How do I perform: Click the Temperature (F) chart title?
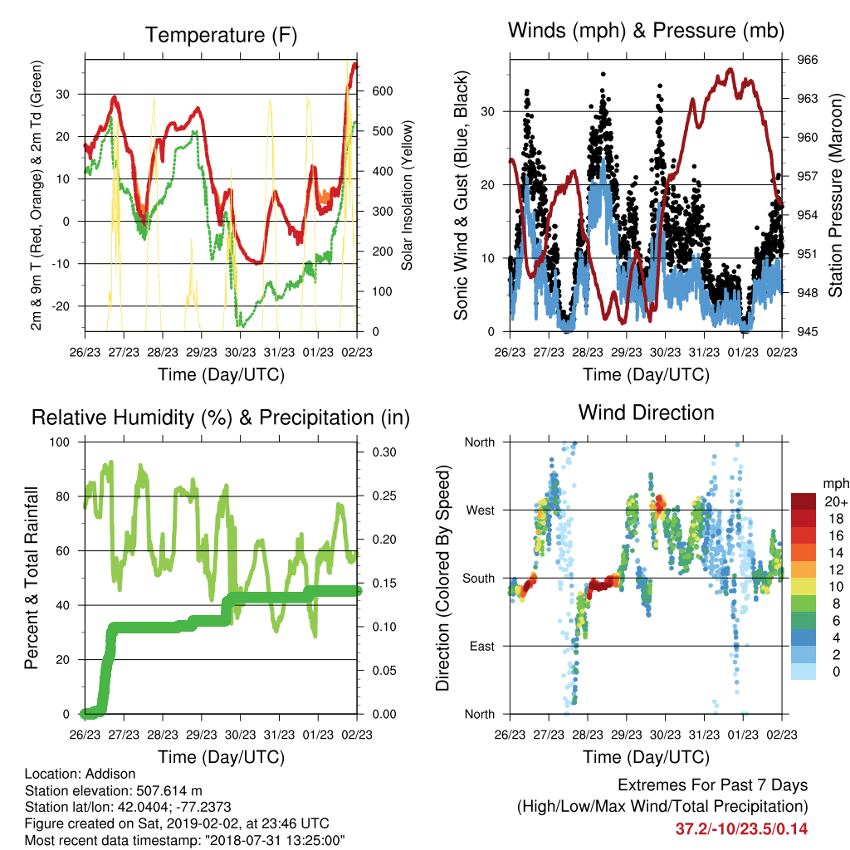[x=221, y=35]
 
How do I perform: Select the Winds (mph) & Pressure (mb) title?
[x=646, y=31]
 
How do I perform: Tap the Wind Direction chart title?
[x=646, y=413]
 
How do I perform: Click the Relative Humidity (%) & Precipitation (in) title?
[x=221, y=418]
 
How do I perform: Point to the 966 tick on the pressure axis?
[x=807, y=60]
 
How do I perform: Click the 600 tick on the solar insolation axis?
[x=382, y=91]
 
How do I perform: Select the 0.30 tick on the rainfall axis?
[x=383, y=452]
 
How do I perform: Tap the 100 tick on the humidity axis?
[x=60, y=442]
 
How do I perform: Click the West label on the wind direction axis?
[x=481, y=510]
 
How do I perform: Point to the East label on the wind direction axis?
[x=482, y=646]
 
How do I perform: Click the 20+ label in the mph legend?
[x=836, y=501]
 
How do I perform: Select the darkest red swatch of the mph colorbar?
[x=804, y=501]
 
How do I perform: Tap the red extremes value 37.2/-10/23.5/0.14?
[x=741, y=829]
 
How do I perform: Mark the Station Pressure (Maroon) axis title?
[x=835, y=195]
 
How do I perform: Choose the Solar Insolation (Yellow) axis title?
[x=407, y=195]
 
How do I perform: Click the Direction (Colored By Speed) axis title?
[x=443, y=578]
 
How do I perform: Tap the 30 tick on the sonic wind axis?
[x=487, y=112]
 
